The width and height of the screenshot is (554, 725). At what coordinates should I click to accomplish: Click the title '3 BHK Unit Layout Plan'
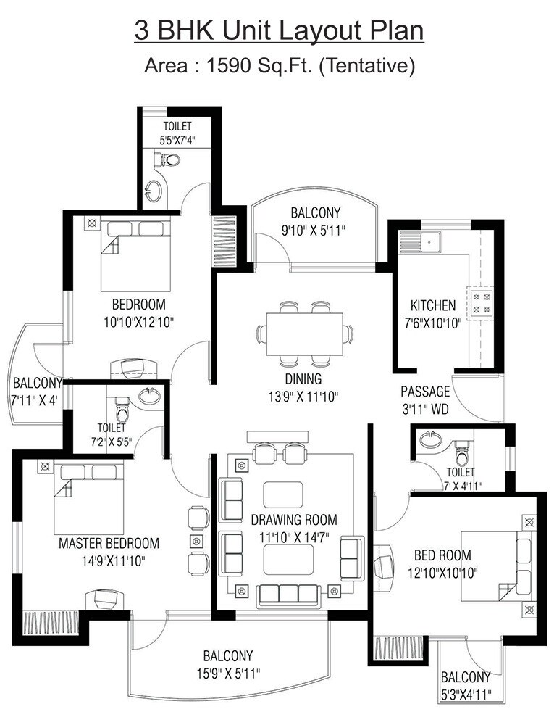click(279, 31)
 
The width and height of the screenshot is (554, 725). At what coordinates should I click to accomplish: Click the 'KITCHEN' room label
click(433, 305)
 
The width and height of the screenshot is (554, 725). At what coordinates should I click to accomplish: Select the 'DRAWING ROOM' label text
click(293, 520)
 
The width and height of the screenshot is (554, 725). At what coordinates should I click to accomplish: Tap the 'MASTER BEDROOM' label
click(109, 543)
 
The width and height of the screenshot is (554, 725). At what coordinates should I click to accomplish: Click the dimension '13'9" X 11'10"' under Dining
click(303, 396)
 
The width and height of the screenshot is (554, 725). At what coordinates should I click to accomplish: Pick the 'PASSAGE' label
click(425, 391)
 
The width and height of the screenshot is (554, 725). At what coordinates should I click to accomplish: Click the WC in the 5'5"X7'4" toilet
click(169, 158)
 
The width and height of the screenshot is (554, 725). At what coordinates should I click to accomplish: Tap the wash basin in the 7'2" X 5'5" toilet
click(149, 397)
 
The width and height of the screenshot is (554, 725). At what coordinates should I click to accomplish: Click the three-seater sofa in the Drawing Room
click(289, 594)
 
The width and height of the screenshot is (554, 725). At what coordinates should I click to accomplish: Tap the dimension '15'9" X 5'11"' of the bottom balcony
click(227, 672)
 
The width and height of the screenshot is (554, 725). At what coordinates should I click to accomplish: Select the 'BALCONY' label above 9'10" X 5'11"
click(315, 213)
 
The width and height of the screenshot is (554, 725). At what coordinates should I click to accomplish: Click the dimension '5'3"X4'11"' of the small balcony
click(465, 695)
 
